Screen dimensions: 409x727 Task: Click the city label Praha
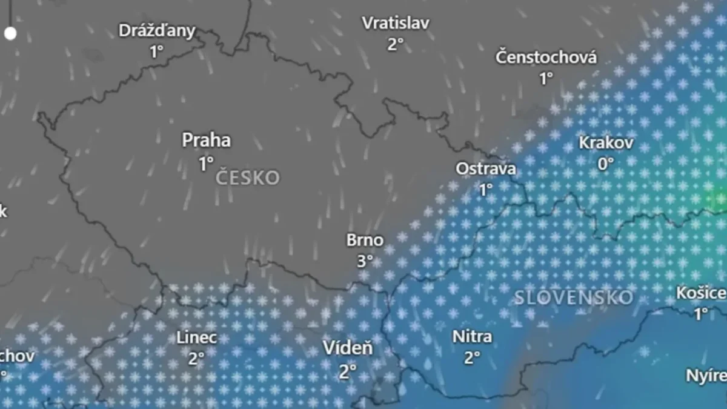[207, 141]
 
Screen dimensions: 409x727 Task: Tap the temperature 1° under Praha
[206, 164]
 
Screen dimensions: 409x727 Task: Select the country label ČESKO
[248, 178]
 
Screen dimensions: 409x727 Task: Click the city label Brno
[365, 241]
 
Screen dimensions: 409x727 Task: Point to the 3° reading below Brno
[365, 262]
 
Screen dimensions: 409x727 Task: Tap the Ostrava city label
[486, 168]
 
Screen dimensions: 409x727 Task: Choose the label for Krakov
[606, 143]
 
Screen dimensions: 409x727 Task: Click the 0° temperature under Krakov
[606, 164]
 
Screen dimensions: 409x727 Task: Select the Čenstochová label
[546, 58]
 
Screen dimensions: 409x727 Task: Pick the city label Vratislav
[396, 23]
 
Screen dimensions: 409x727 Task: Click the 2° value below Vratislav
[396, 44]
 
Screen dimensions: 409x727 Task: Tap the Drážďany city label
[157, 31]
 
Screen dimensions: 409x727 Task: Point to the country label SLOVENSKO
[574, 298]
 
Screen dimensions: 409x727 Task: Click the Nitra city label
[472, 336]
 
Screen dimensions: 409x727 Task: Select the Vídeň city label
[348, 348]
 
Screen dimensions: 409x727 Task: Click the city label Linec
[196, 338]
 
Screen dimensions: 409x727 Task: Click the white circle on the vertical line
[10, 33]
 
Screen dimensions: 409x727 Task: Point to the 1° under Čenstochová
[546, 79]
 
